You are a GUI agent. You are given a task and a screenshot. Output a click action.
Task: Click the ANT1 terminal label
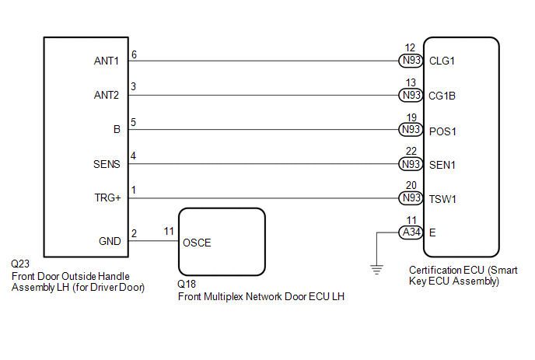click(x=107, y=61)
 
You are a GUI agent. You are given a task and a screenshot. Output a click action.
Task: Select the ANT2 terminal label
click(x=107, y=95)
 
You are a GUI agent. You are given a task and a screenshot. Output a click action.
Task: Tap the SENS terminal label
click(x=107, y=164)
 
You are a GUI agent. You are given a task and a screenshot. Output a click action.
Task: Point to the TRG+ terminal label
click(x=107, y=198)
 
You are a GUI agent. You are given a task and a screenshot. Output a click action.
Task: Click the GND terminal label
click(x=110, y=241)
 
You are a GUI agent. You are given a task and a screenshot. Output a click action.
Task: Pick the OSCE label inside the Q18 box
click(x=197, y=243)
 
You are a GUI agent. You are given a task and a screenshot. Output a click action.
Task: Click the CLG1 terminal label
click(x=442, y=61)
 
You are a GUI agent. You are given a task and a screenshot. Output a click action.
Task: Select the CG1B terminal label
click(x=442, y=96)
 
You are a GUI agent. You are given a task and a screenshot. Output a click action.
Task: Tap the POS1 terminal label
click(x=442, y=131)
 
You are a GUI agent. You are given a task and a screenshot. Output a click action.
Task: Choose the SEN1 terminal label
click(x=442, y=165)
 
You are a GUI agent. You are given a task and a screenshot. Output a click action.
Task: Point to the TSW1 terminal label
click(x=442, y=199)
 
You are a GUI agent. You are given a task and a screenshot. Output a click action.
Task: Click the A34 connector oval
click(x=411, y=232)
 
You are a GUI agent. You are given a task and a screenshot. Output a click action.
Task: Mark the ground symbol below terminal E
click(x=376, y=270)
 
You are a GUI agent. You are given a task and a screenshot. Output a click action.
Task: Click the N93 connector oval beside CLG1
click(x=411, y=61)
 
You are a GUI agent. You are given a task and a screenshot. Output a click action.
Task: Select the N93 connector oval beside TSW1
click(x=411, y=198)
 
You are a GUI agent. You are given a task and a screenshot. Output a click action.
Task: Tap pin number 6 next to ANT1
click(x=134, y=54)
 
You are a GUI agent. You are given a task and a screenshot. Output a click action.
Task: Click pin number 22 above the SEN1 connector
click(x=411, y=151)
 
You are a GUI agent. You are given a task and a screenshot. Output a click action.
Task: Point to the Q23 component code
click(x=20, y=264)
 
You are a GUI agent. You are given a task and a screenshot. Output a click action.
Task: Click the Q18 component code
click(x=187, y=284)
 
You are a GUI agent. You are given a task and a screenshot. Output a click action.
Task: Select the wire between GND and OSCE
click(x=153, y=241)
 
